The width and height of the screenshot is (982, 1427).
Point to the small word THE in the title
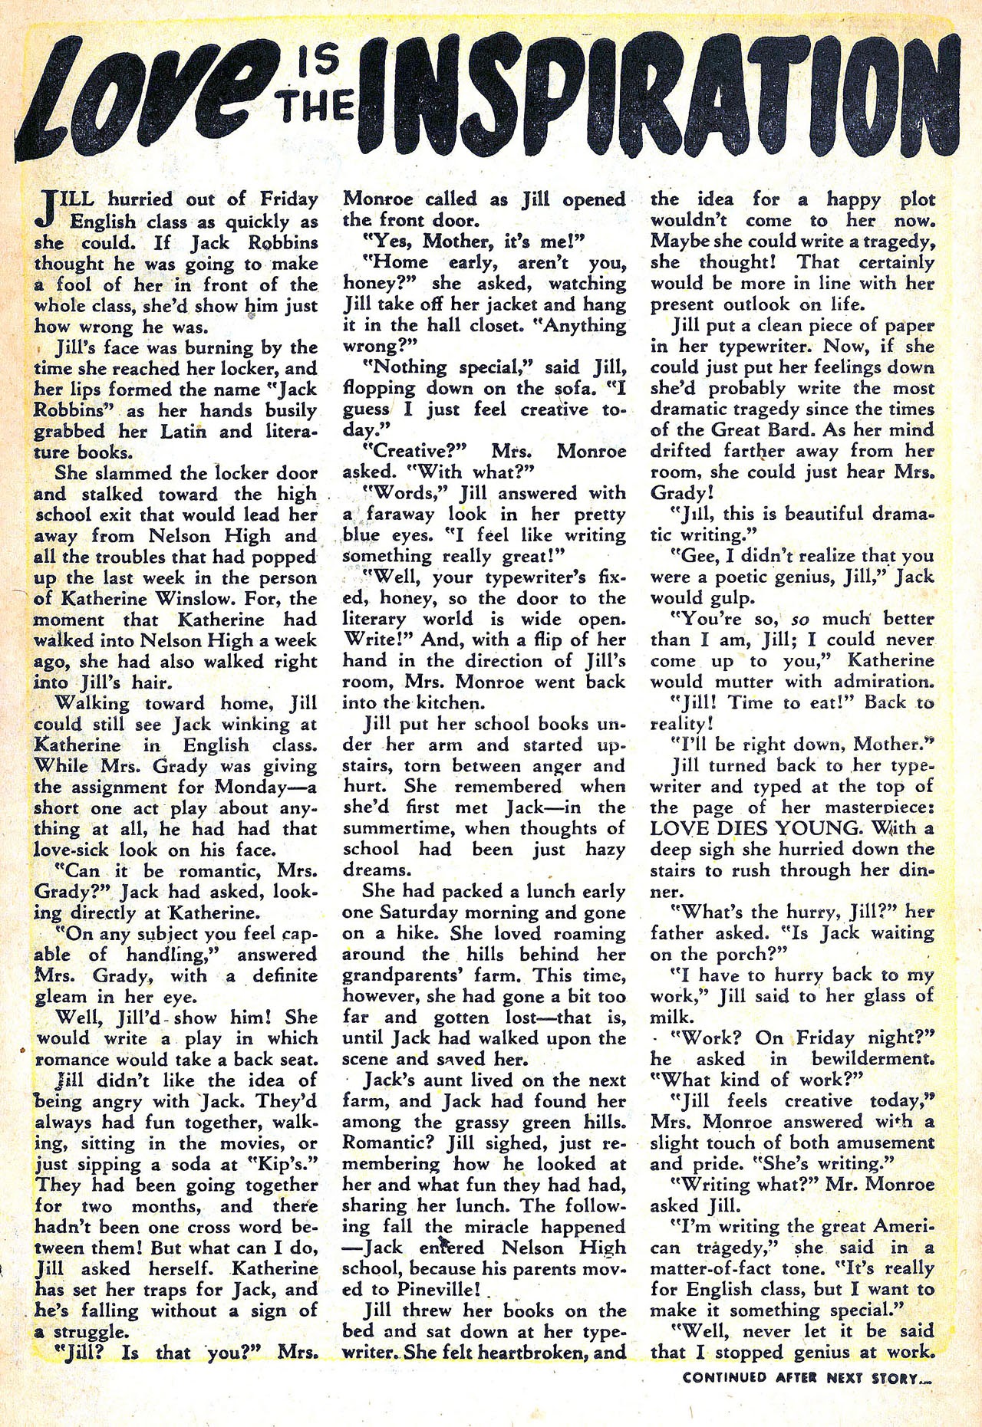[x=316, y=109]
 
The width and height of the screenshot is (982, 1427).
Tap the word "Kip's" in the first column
[x=291, y=1164]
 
